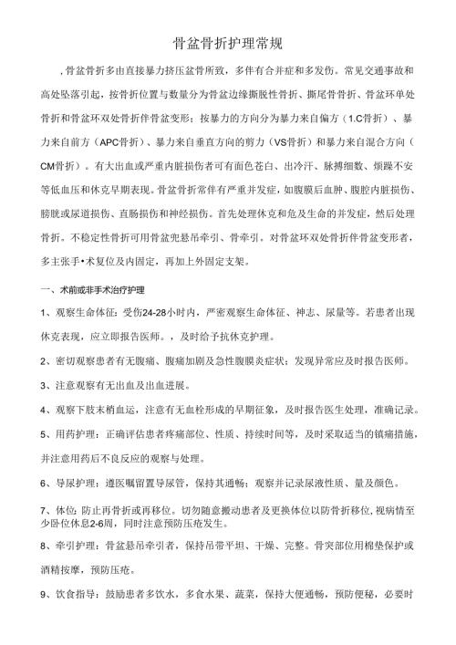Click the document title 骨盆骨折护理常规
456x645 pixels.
click(228, 42)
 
